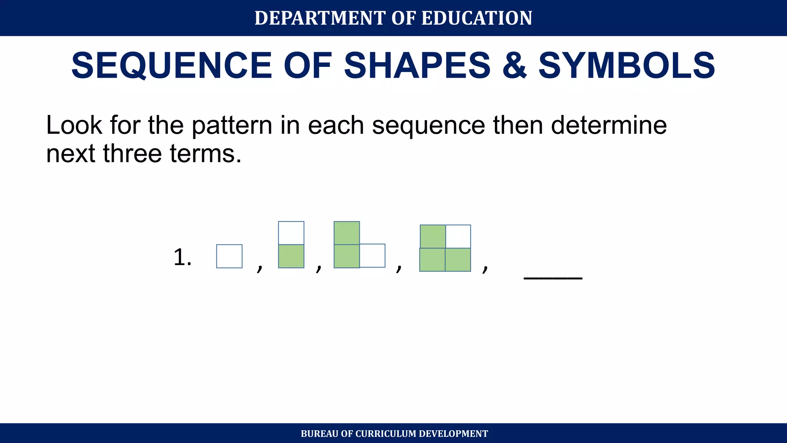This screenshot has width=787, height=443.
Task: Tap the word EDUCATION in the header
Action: click(x=477, y=18)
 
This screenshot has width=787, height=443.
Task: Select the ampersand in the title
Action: click(x=515, y=66)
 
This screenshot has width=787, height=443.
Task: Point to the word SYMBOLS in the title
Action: click(x=627, y=66)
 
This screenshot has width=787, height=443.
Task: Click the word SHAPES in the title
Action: click(x=417, y=66)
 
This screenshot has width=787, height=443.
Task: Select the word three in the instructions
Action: click(x=132, y=153)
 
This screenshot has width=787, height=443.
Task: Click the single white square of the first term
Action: click(x=229, y=256)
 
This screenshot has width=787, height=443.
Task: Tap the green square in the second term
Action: click(x=291, y=256)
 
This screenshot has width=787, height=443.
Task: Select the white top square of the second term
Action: click(x=291, y=233)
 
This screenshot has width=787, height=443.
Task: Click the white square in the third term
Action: click(x=372, y=256)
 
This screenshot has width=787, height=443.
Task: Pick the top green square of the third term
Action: click(x=347, y=233)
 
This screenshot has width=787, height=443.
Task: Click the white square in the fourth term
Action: click(x=458, y=236)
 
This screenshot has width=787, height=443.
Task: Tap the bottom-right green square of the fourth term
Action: click(x=458, y=260)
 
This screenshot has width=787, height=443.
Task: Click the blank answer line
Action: click(x=553, y=276)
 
